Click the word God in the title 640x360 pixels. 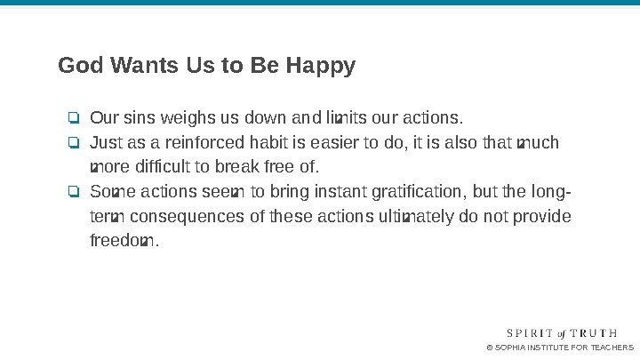coord(78,66)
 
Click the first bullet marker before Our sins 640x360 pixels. coord(74,118)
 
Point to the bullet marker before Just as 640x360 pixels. coord(74,143)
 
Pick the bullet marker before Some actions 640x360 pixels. coord(74,192)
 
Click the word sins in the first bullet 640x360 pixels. coord(139,118)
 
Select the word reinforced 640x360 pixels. coord(208,143)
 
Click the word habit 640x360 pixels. coord(268,143)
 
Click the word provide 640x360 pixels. coord(542,217)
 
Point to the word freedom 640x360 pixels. coord(123,241)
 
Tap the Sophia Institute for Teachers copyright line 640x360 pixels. coord(560,348)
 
